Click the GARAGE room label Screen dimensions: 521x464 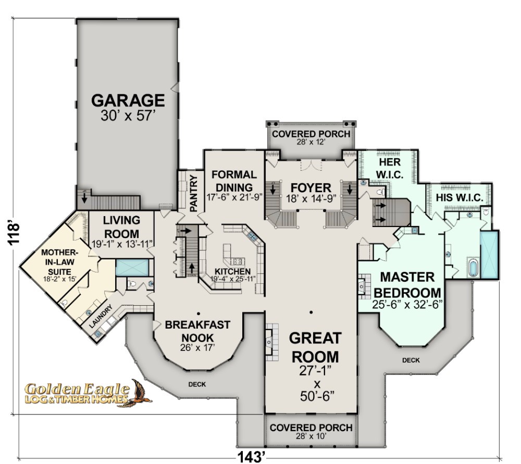(x=128, y=101)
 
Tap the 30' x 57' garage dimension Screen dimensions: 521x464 (x=128, y=116)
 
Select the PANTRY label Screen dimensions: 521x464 (x=193, y=193)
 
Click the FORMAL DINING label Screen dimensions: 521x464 (x=234, y=181)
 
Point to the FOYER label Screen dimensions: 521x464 (x=311, y=187)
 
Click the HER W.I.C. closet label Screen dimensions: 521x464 (x=390, y=168)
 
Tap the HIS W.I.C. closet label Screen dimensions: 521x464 (x=460, y=198)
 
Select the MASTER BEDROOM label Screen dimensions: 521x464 (x=407, y=285)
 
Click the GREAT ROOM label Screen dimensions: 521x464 (x=315, y=347)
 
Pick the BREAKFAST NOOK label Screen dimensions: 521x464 (x=197, y=331)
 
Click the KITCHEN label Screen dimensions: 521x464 (x=232, y=271)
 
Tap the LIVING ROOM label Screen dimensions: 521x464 (x=121, y=227)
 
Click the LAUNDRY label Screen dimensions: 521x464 (x=101, y=317)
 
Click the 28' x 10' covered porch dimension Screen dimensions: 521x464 (x=311, y=436)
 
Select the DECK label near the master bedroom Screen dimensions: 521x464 (x=411, y=360)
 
